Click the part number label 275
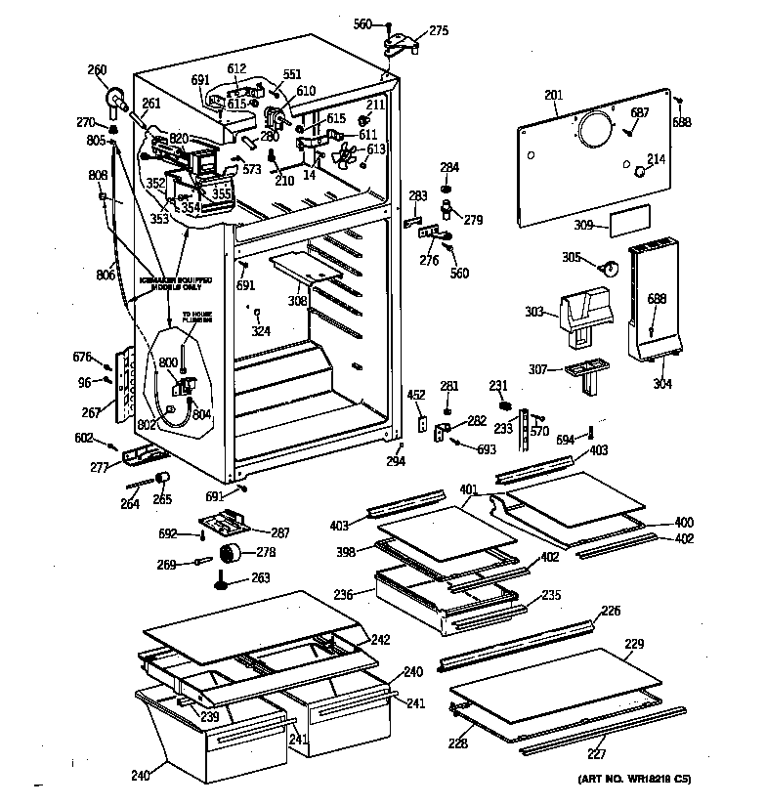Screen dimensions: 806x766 pos(439,31)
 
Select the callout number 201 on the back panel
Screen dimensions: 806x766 pos(554,95)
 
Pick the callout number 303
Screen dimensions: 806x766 pos(534,312)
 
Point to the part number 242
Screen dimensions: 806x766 pos(381,640)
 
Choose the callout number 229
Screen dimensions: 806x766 pos(634,644)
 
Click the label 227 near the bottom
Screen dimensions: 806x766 pos(596,754)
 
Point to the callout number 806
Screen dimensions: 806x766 pos(105,276)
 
